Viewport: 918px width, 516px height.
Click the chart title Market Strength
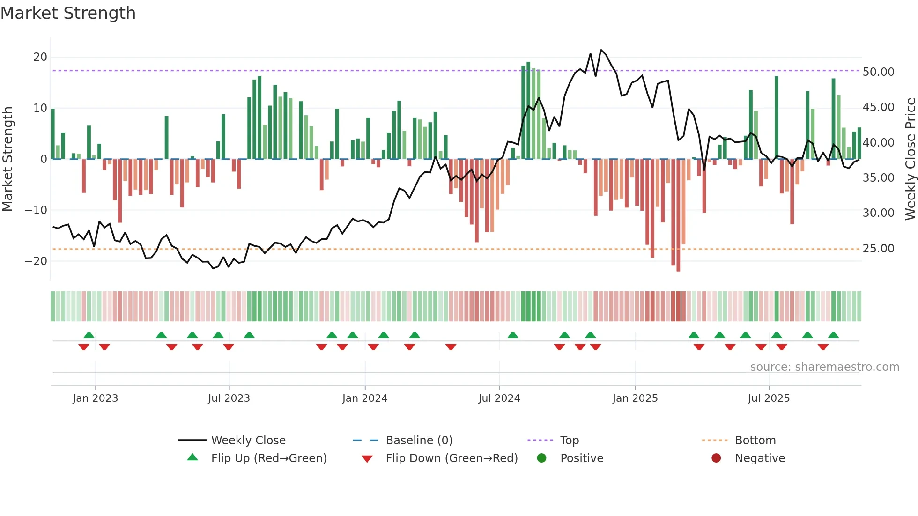68,13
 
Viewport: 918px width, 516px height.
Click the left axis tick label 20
40,57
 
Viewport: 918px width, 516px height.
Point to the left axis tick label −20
36,261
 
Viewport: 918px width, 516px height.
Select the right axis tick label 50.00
878,72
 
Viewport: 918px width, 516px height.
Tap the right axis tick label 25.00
878,249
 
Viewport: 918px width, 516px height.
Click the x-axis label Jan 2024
365,398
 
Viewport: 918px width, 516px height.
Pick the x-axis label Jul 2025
769,398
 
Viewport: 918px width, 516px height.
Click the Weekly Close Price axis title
910,159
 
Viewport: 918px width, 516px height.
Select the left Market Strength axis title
8,159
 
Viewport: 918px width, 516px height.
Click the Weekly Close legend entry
248,441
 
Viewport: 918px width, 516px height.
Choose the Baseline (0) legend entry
419,441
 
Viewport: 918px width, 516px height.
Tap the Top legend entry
570,441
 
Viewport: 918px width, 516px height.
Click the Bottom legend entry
755,441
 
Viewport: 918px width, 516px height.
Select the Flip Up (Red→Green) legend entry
268,458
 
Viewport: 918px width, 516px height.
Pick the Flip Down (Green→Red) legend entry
452,458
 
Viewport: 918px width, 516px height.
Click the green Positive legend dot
542,458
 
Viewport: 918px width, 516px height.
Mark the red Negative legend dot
716,458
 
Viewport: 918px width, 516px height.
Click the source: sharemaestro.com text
824,367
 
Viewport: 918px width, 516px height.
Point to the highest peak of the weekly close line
601,50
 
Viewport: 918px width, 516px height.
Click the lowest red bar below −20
678,269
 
